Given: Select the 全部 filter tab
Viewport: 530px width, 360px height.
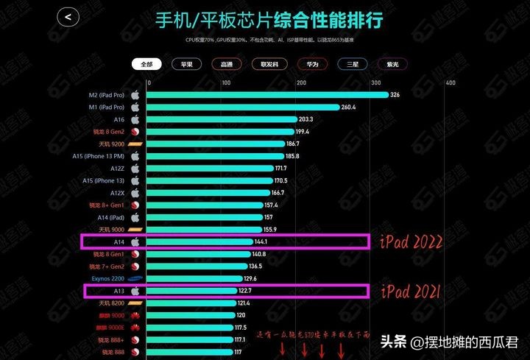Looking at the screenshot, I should pyautogui.click(x=146, y=64).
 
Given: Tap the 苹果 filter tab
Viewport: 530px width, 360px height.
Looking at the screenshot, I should pyautogui.click(x=186, y=64).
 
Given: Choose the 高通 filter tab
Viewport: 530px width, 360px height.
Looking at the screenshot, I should pyautogui.click(x=226, y=64).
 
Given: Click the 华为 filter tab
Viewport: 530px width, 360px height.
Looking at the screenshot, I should pyautogui.click(x=313, y=64).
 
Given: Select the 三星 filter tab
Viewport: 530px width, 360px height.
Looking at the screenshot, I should pyautogui.click(x=353, y=64).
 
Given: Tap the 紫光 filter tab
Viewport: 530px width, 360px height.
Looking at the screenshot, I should pyautogui.click(x=393, y=64).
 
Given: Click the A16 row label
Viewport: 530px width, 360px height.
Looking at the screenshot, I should pyautogui.click(x=119, y=119).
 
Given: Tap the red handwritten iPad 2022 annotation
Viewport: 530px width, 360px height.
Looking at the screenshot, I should pyautogui.click(x=410, y=241).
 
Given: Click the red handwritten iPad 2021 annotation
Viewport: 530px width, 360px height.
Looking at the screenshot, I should pyautogui.click(x=410, y=292).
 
